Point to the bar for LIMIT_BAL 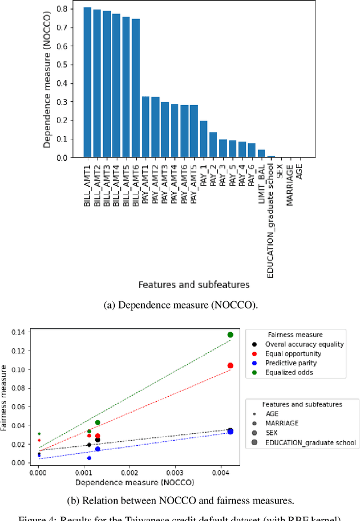pos(261,153)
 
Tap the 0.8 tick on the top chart pos(70,9)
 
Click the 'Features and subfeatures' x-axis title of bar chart pos(194,284)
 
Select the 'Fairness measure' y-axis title pos(6,398)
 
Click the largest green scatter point pos(230,335)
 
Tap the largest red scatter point pos(230,366)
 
